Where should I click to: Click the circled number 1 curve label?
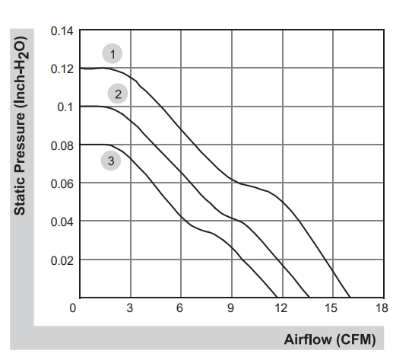pos(113,54)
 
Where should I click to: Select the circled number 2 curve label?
pos(118,94)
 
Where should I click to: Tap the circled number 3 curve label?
pos(111,161)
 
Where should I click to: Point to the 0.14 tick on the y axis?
pos(62,31)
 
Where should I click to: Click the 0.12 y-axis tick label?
pos(62,69)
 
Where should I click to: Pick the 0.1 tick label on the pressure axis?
pos(65,107)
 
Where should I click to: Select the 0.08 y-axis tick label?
pos(62,145)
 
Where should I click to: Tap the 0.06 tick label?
pos(62,183)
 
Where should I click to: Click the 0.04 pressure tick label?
pos(62,221)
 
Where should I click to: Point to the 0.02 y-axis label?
pos(62,260)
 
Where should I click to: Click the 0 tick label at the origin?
pos(73,308)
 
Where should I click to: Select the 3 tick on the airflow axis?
pos(130,308)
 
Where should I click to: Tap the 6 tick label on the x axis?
pos(179,308)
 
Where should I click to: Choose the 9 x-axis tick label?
pos(230,308)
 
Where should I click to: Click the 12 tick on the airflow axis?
pos(281,308)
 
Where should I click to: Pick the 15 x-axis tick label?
pos(331,308)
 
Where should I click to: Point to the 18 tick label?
pos(382,308)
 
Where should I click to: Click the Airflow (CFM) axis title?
pos(330,339)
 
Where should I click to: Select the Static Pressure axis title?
pos(21,126)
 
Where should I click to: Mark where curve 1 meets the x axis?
pos(350,298)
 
